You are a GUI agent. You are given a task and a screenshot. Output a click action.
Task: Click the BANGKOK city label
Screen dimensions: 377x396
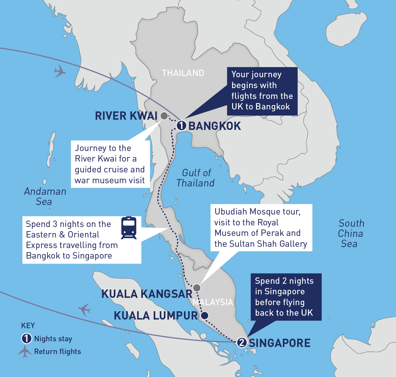tap(215, 126)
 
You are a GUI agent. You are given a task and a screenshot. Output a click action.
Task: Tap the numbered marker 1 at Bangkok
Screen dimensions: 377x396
tap(181, 125)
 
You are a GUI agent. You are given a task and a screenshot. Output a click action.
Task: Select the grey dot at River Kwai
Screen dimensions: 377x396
tap(164, 116)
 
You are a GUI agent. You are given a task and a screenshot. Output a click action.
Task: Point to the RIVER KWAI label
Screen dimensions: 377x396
tap(126, 116)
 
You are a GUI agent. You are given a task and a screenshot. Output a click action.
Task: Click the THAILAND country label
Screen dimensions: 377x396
tap(183, 73)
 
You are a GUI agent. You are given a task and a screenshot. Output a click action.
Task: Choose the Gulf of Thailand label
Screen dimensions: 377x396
tap(196, 178)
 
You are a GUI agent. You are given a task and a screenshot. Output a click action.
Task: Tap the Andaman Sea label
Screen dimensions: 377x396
tap(45, 196)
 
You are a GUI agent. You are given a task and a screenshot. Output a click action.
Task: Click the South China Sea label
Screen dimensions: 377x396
tap(351, 233)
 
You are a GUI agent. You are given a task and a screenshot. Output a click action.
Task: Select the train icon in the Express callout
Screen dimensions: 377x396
tap(129, 228)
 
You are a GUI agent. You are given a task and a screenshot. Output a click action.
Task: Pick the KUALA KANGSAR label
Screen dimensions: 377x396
tap(147, 294)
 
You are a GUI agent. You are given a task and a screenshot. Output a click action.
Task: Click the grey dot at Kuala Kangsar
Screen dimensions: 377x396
tap(197, 288)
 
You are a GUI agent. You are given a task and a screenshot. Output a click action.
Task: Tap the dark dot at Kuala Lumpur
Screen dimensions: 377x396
tap(204, 315)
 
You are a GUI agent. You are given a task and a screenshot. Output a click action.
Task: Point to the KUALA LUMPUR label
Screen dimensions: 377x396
tap(156, 316)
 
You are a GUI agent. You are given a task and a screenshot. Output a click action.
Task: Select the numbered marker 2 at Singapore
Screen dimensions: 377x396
tap(242, 342)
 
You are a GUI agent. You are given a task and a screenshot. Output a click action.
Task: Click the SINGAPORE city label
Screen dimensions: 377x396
tap(280, 343)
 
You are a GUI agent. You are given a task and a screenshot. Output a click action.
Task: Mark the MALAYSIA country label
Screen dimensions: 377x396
tap(213, 302)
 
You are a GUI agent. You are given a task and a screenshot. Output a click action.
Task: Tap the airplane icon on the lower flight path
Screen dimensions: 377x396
tap(84, 309)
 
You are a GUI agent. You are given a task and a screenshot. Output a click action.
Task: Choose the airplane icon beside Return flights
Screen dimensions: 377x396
tap(25, 351)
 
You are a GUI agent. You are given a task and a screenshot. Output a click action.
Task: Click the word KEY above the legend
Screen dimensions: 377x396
tap(28, 326)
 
